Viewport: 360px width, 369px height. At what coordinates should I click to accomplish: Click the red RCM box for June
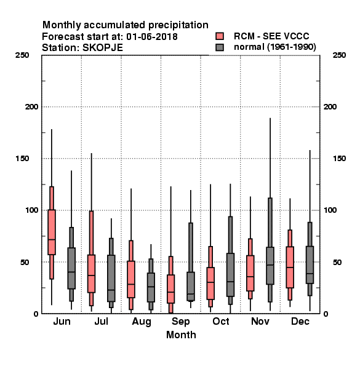(52, 232)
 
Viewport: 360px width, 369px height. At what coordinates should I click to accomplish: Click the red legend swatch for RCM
(220, 36)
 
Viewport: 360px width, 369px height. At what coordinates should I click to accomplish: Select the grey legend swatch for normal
(220, 47)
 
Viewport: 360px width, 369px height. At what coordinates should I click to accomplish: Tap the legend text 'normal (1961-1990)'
(274, 47)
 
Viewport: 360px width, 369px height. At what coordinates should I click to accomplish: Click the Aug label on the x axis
(142, 322)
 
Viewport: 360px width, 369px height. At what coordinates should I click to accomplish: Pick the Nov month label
(260, 321)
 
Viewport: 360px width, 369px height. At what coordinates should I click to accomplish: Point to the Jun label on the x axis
(62, 321)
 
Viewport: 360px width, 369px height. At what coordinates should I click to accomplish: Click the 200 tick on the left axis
(31, 107)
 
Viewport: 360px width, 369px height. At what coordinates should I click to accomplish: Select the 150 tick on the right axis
(339, 159)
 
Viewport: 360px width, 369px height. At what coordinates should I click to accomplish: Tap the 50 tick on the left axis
(25, 262)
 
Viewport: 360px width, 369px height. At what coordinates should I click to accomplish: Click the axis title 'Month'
(181, 335)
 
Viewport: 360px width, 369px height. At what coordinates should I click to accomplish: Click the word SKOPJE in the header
(103, 48)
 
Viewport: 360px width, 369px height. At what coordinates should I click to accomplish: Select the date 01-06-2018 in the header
(152, 37)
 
